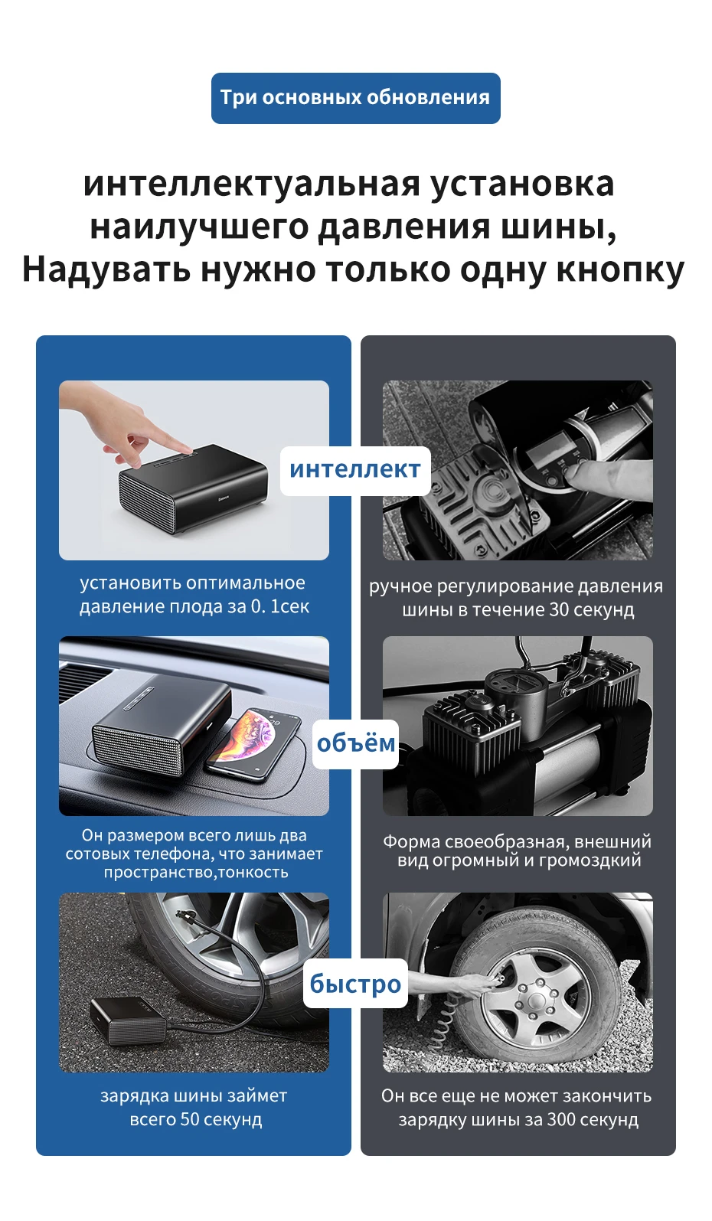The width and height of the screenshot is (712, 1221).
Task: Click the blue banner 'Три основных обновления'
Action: click(x=355, y=98)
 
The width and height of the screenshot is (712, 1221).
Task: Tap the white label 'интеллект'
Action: click(x=355, y=470)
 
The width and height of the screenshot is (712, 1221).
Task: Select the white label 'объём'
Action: click(x=355, y=743)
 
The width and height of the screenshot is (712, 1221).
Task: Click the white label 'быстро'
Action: click(x=355, y=984)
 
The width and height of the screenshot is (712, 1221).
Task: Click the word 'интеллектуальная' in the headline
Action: click(x=251, y=184)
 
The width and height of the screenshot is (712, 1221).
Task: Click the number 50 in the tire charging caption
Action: click(x=190, y=1119)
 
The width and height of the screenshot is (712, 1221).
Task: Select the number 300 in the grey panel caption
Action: click(x=561, y=1119)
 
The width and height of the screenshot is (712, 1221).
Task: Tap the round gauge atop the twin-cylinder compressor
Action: click(x=510, y=684)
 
